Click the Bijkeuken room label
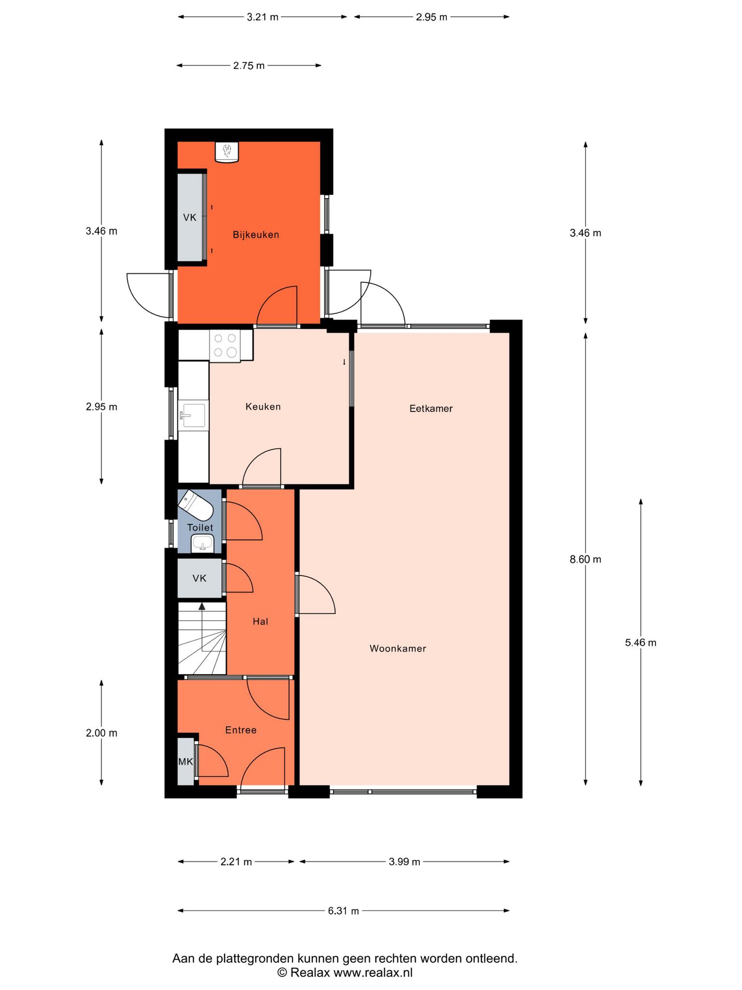tap(256, 235)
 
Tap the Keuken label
tap(263, 407)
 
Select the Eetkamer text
tap(431, 408)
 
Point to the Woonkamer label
tap(398, 649)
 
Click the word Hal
tap(260, 622)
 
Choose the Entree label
tap(241, 730)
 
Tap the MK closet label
tap(185, 762)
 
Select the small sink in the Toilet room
tap(202, 542)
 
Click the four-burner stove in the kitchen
tap(225, 345)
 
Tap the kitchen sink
tap(193, 415)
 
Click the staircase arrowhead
tap(202, 606)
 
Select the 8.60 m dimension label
tap(585, 560)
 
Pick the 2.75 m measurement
tap(249, 66)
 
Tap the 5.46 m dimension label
tap(641, 643)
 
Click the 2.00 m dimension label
tap(101, 733)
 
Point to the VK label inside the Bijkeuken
tap(190, 218)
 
